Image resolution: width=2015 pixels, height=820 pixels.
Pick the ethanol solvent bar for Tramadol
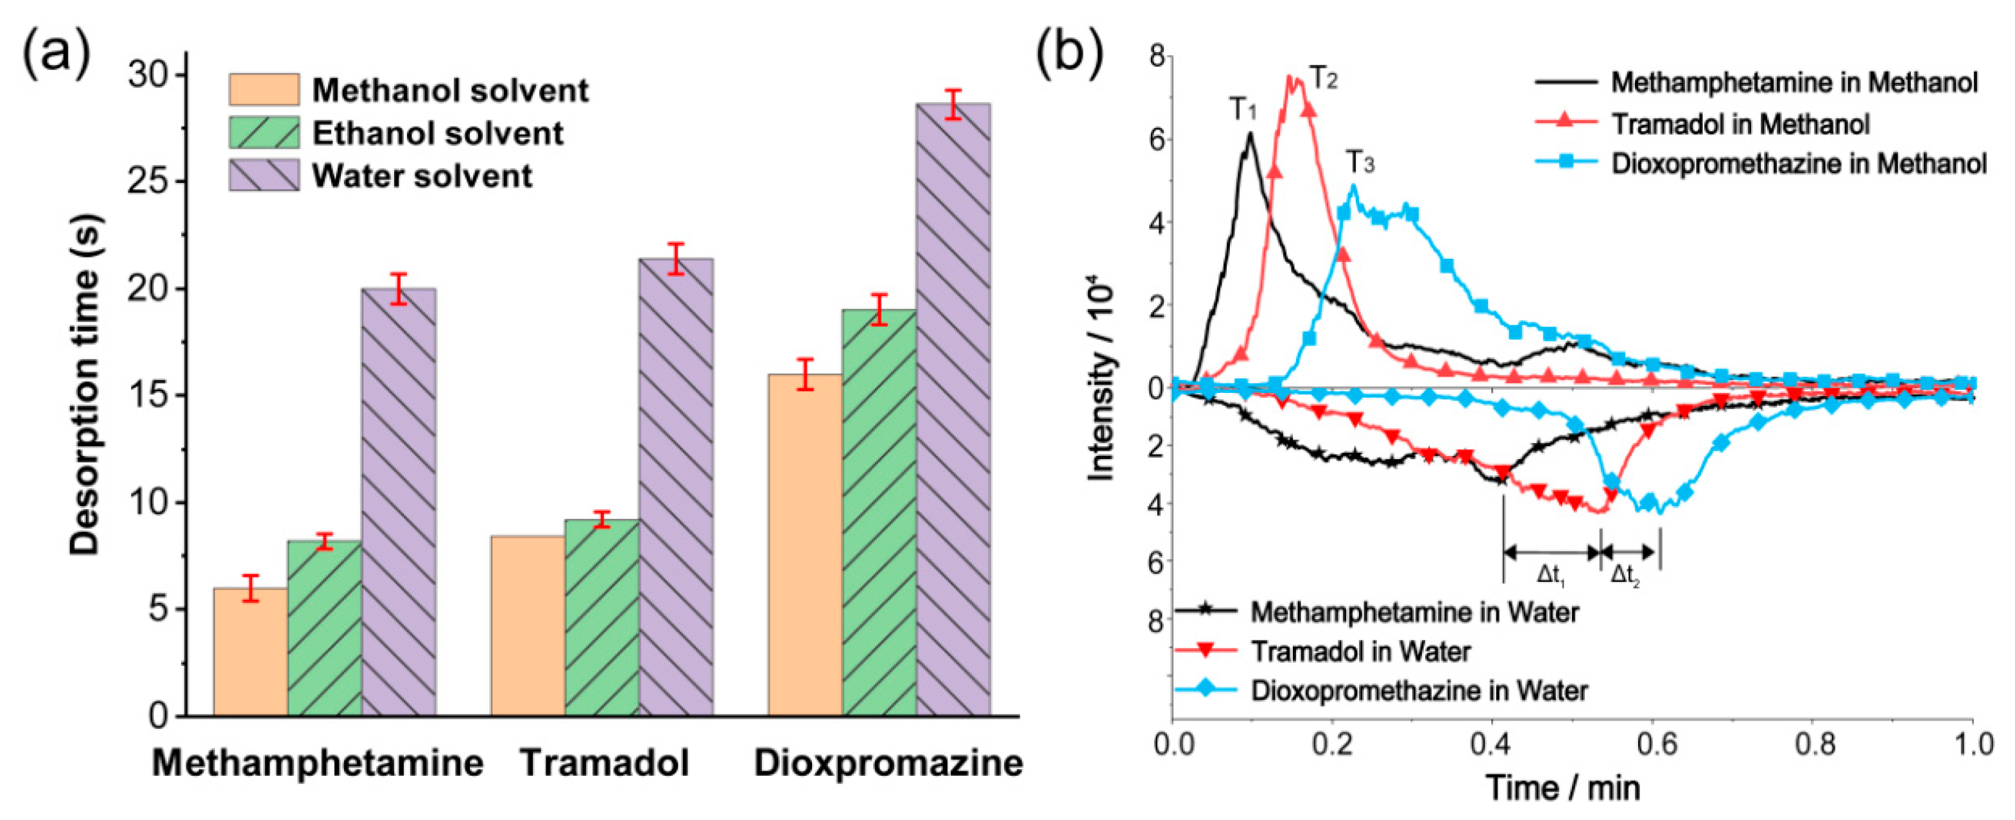(x=601, y=618)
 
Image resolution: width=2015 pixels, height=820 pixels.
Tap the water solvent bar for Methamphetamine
(x=399, y=502)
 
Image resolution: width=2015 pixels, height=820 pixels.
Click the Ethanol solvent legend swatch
(x=264, y=133)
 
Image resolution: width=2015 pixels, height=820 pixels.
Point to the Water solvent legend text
(x=422, y=176)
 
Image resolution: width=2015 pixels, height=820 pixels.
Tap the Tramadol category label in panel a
(x=604, y=763)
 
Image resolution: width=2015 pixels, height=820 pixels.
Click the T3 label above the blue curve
(x=1360, y=162)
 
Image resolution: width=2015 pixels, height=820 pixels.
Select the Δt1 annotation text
(x=1551, y=575)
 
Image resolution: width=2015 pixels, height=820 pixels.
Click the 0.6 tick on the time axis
(x=1656, y=744)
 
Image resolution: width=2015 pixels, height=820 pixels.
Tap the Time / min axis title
(x=1563, y=787)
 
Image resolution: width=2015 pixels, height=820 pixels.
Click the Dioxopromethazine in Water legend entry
(x=1419, y=690)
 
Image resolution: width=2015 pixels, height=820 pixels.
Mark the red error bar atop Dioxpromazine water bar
(x=953, y=104)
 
